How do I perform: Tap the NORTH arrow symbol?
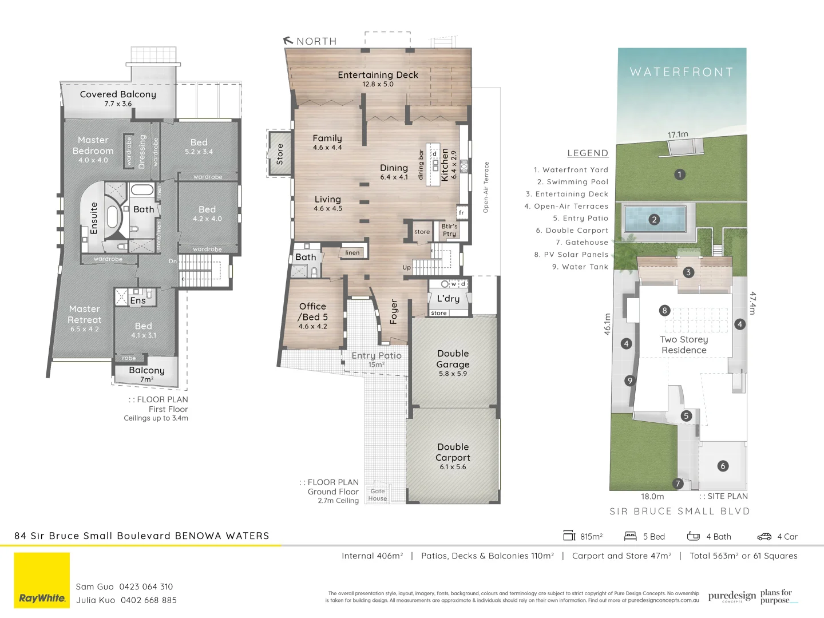click(x=288, y=41)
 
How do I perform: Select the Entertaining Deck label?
click(x=378, y=75)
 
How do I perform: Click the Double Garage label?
click(x=453, y=359)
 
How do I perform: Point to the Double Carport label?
click(x=453, y=453)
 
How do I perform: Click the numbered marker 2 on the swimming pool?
click(x=654, y=219)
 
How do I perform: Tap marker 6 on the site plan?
click(x=723, y=466)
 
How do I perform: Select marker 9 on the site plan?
click(x=629, y=381)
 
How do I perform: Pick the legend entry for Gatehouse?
click(x=582, y=243)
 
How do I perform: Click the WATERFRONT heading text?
click(x=682, y=72)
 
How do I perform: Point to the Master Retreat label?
click(x=85, y=315)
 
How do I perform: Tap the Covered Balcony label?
click(x=118, y=94)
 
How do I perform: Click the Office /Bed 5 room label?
click(x=312, y=312)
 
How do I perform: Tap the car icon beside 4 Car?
click(x=764, y=537)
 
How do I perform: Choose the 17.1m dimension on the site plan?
click(x=678, y=134)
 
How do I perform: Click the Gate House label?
click(x=378, y=495)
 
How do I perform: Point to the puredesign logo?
click(x=732, y=596)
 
